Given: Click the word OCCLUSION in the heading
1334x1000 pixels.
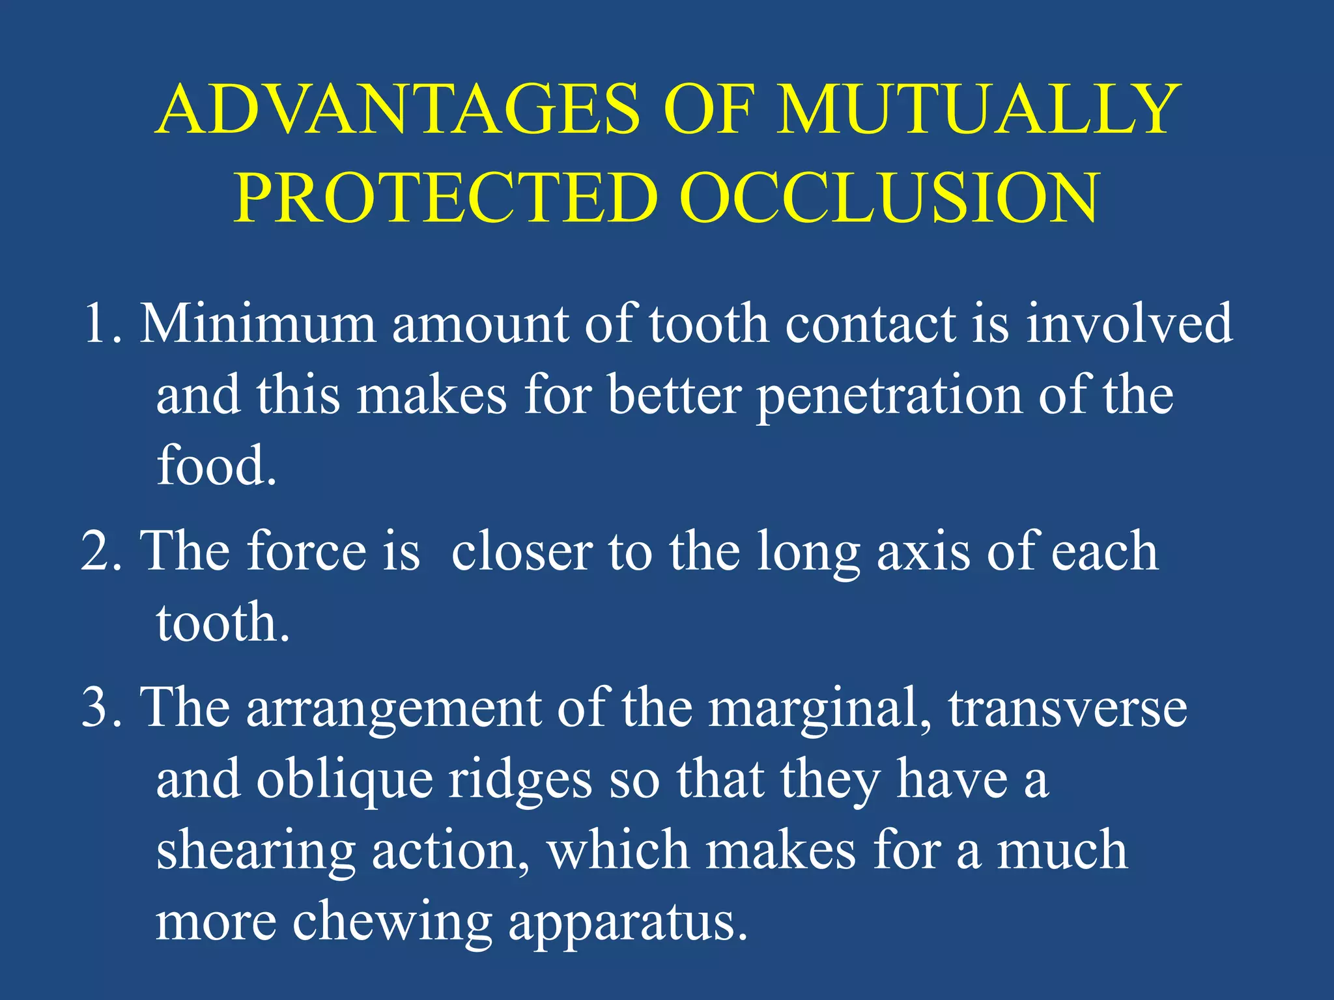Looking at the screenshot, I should (x=889, y=198).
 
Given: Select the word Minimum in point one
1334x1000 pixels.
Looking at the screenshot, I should (x=258, y=324).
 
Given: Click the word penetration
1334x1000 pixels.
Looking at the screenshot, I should (x=889, y=397).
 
